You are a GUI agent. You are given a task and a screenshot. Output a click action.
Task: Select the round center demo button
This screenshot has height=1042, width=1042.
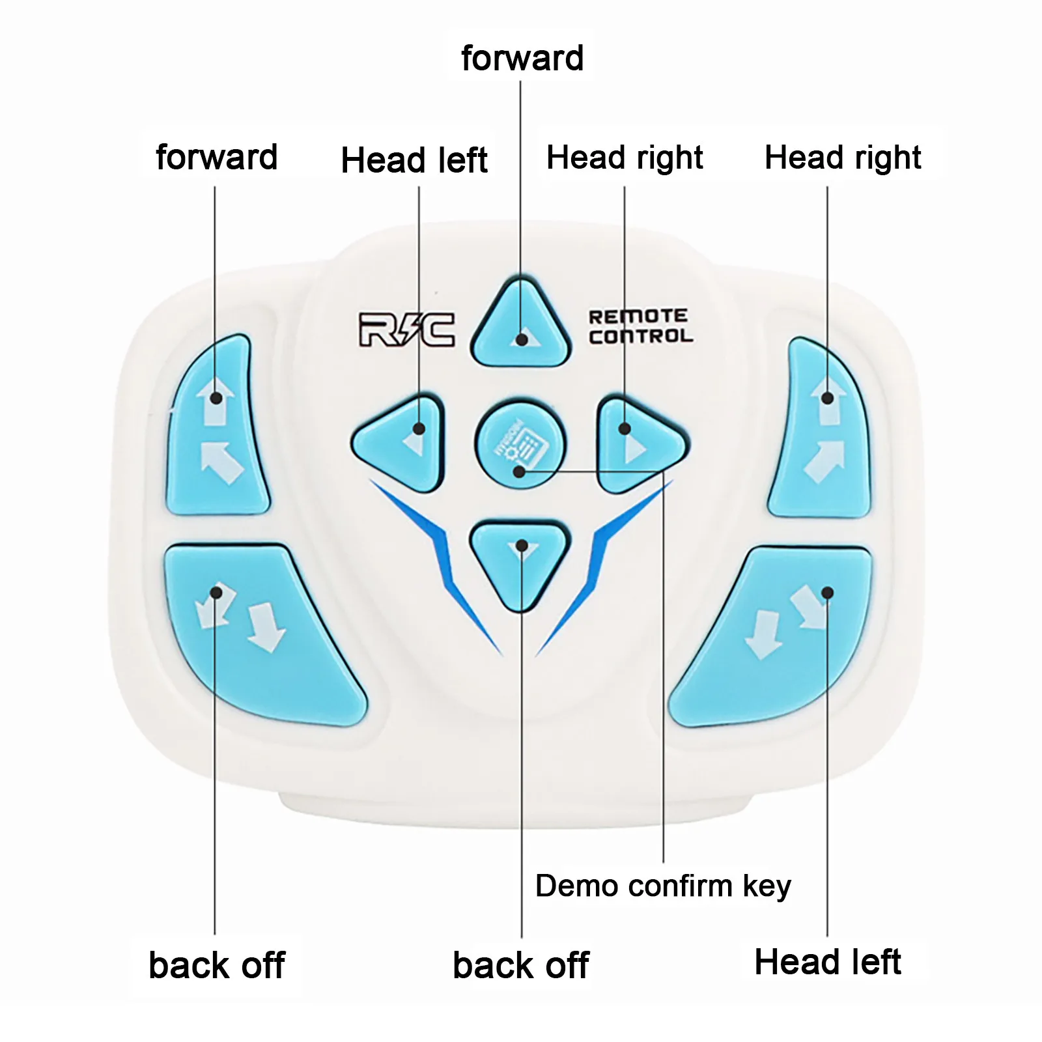[x=520, y=445]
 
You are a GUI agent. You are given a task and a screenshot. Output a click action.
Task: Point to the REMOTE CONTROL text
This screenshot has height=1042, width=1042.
[x=640, y=326]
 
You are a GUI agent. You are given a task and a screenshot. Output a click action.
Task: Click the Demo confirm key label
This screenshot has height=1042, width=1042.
[x=663, y=886]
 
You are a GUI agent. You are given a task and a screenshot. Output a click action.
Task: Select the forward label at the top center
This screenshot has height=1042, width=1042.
[x=522, y=59]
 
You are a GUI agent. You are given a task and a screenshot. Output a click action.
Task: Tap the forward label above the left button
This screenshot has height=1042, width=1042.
[x=217, y=158]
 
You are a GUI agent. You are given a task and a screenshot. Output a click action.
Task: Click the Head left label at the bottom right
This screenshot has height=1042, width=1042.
[x=827, y=962]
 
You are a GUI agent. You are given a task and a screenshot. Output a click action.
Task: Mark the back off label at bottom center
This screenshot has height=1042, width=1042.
[x=520, y=965]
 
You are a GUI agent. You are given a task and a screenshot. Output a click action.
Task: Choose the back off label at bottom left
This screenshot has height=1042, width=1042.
[x=216, y=965]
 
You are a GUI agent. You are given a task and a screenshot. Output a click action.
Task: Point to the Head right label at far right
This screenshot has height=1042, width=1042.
[x=843, y=158]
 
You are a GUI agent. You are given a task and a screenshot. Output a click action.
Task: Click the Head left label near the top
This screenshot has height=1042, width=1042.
[x=414, y=160]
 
